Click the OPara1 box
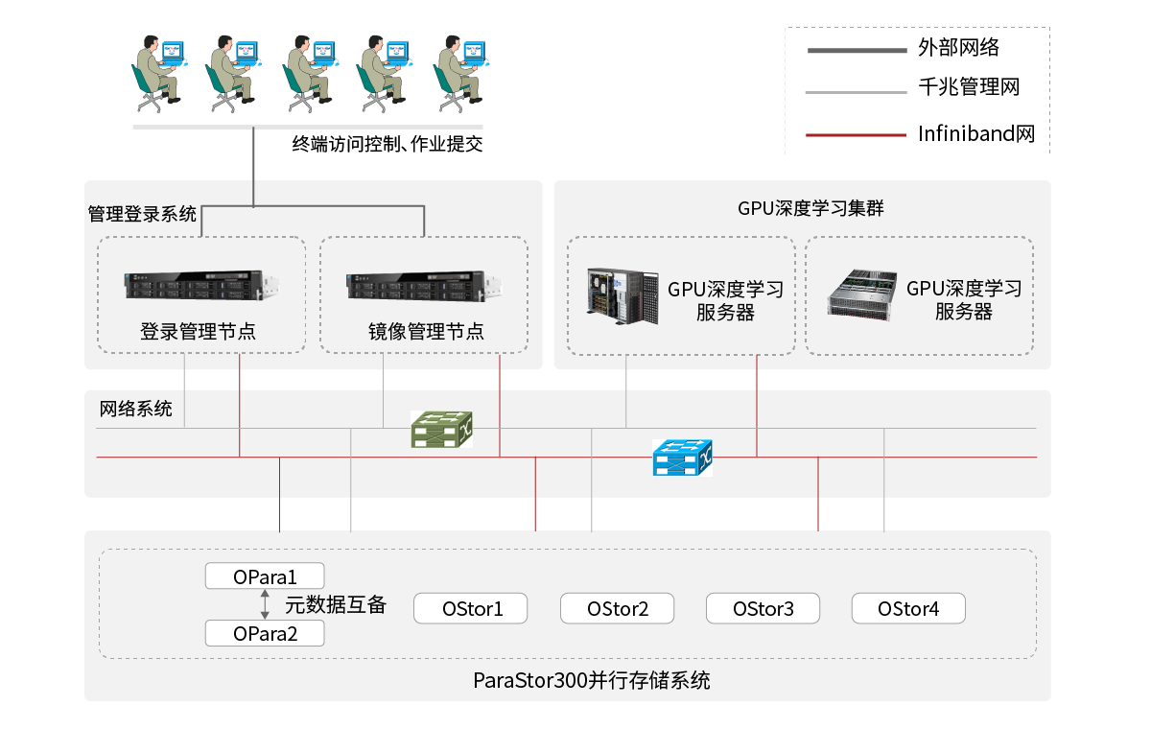(x=265, y=576)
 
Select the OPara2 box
(x=265, y=633)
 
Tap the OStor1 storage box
(x=472, y=608)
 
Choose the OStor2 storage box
(x=618, y=608)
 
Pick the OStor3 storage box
(x=763, y=608)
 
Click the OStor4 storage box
(x=908, y=608)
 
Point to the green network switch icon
(x=441, y=429)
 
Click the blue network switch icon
(x=682, y=458)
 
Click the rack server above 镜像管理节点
(x=424, y=285)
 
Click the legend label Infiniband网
(x=975, y=133)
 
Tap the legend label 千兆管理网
(x=968, y=87)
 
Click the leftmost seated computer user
(x=157, y=72)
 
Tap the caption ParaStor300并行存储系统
(x=591, y=681)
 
